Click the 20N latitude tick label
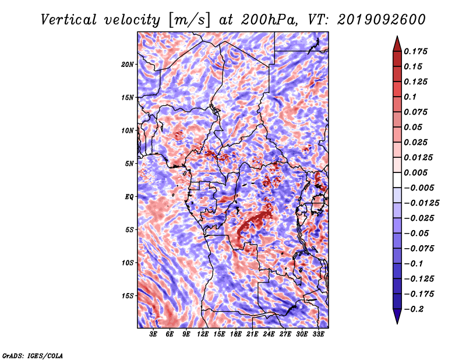point(128,65)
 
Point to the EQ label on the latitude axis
point(129,197)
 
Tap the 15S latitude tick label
point(128,296)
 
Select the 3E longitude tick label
point(153,334)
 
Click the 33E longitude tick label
point(318,334)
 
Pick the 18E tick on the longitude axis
point(236,334)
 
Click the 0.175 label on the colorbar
point(415,51)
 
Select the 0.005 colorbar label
point(415,172)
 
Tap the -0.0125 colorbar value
point(421,203)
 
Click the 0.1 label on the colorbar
point(410,97)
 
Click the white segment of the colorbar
point(397,180)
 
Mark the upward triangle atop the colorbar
point(397,44)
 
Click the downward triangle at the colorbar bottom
point(397,316)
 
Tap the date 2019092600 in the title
point(382,20)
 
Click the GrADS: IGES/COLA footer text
point(33,355)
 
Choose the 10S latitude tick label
point(128,263)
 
